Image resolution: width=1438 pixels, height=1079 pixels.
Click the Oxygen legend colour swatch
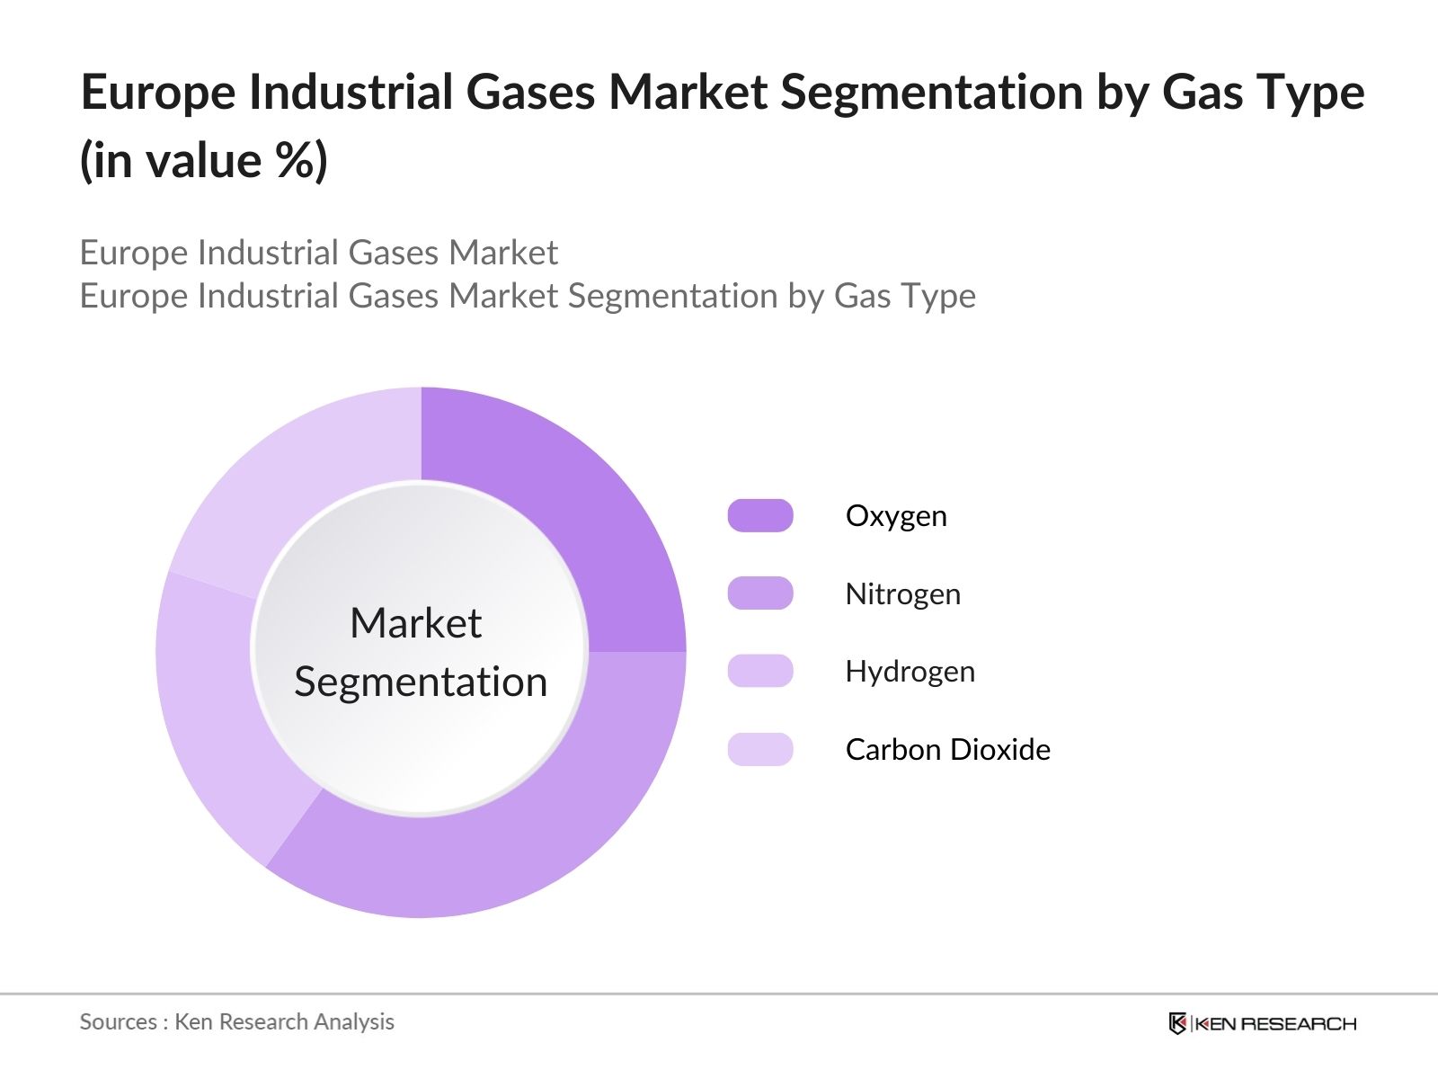[760, 515]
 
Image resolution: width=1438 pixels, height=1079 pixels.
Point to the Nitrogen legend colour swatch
[760, 593]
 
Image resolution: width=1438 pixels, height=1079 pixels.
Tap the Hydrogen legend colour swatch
[760, 671]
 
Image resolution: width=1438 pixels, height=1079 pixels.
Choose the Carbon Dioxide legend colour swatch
[760, 749]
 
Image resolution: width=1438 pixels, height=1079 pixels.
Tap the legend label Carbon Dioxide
[948, 750]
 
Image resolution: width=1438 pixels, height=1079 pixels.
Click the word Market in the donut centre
[416, 622]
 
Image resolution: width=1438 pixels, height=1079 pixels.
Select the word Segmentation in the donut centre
[421, 682]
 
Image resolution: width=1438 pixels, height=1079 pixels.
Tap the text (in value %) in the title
[203, 161]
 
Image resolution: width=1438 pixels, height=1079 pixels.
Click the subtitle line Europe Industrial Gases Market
[318, 253]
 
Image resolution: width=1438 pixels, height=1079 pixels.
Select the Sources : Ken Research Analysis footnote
[236, 1021]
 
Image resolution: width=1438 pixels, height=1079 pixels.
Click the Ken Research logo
[1263, 1022]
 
